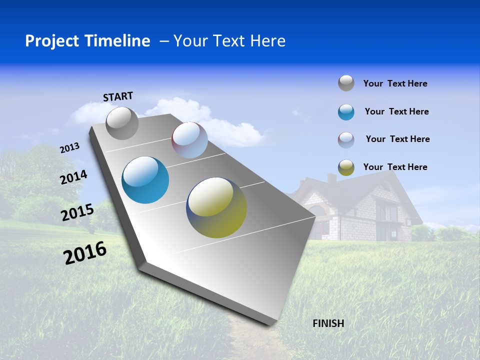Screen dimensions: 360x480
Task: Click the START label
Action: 118,96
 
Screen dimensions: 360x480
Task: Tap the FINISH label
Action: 328,323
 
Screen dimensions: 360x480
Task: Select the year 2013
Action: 69,148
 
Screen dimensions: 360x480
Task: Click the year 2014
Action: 73,177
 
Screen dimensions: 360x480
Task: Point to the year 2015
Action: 77,212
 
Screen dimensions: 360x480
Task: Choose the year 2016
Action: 85,253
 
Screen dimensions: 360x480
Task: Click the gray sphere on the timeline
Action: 122,123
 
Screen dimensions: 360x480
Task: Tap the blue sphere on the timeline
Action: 145,180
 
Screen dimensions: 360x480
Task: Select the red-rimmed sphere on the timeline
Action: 189,140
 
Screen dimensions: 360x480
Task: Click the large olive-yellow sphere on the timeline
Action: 216,207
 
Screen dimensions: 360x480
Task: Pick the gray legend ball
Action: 346,83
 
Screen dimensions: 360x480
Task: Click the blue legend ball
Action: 346,112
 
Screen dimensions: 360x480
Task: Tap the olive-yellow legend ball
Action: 346,167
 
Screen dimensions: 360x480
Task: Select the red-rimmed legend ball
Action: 346,139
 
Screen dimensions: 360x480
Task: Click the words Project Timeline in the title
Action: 87,41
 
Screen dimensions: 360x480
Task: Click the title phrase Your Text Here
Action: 229,41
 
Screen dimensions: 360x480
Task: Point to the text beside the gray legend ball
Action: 395,83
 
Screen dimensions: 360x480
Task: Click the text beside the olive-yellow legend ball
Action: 395,167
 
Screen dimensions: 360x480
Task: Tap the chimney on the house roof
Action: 331,178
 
